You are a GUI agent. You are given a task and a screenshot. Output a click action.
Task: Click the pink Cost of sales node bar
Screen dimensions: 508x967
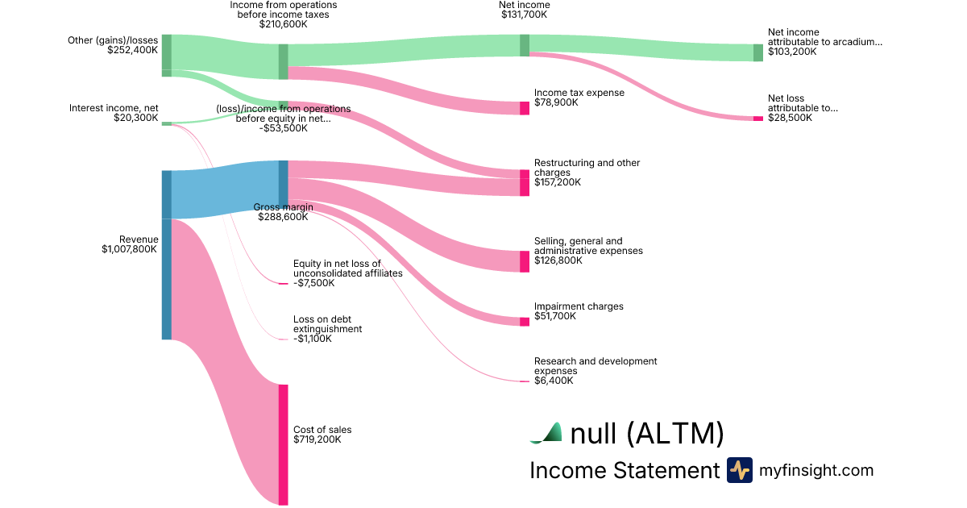point(283,444)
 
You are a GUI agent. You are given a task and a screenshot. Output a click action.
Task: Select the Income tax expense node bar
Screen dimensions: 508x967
point(525,108)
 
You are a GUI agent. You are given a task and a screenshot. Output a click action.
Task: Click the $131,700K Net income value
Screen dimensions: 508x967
point(524,15)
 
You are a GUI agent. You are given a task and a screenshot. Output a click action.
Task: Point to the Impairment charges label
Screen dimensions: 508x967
point(579,306)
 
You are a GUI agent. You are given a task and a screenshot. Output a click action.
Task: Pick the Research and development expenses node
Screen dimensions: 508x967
point(525,381)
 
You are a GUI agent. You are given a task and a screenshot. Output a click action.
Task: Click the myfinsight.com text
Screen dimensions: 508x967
point(816,470)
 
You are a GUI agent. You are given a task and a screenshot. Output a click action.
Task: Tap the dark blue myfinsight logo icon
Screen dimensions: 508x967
point(739,470)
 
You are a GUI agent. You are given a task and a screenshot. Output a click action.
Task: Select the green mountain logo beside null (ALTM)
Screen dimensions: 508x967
point(546,434)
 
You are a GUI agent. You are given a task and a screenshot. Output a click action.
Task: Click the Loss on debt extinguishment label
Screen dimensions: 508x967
point(327,324)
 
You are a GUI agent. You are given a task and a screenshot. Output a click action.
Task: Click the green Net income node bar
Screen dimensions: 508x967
point(525,45)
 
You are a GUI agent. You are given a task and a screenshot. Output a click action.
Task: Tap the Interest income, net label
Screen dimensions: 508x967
point(114,108)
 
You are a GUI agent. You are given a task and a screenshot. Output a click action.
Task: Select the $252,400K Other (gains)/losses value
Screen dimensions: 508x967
point(132,50)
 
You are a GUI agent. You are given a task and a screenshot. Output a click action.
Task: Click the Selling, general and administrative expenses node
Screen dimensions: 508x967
point(525,261)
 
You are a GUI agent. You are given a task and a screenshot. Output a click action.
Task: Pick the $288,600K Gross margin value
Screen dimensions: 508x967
point(283,217)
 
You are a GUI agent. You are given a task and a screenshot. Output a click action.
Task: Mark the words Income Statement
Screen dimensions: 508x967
point(624,470)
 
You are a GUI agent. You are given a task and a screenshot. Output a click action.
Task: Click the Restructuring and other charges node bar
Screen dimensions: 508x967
point(525,182)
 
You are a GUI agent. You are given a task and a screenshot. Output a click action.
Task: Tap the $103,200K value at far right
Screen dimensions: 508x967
point(792,52)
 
